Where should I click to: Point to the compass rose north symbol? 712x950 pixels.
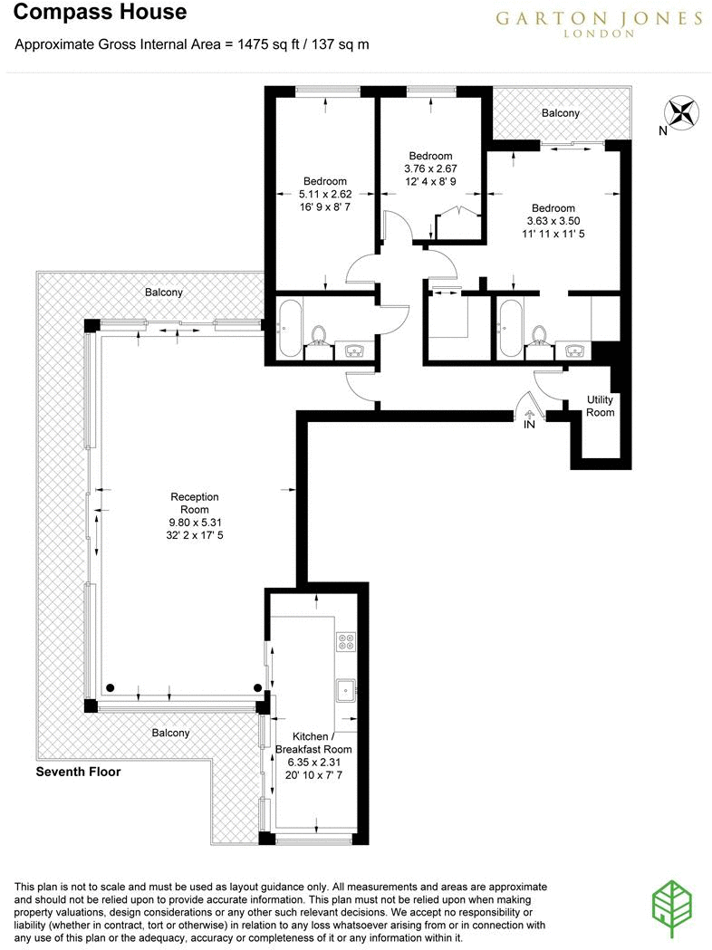683,113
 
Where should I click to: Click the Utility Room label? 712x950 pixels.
600,406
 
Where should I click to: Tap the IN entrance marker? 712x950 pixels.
529,423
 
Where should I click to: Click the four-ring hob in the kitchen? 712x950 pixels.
346,641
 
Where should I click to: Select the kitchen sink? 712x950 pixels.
345,691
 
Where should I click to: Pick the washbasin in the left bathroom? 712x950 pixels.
353,350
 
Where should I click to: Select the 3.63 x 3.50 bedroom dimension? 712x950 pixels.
553,220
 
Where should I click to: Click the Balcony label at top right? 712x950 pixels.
560,113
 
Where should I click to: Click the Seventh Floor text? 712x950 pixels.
78,772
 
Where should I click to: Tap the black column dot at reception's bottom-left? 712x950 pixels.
110,686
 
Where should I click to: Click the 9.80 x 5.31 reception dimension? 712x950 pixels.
195,522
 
